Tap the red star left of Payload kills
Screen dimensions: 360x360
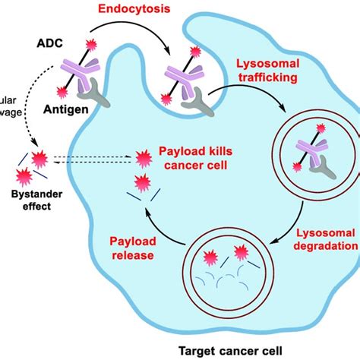click(141, 157)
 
